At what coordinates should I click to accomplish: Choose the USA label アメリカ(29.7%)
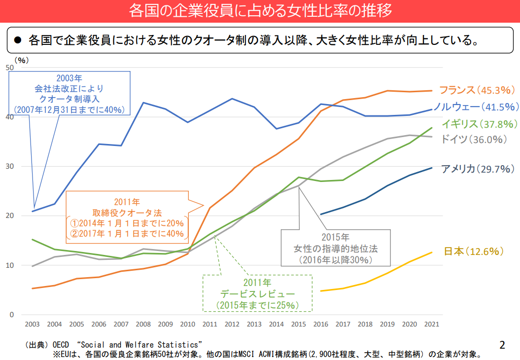click(478, 169)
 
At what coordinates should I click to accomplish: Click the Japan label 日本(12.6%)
click(474, 252)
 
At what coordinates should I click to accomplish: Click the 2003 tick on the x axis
click(33, 324)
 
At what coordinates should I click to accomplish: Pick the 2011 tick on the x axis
click(209, 324)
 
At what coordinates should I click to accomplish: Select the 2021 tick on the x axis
click(431, 324)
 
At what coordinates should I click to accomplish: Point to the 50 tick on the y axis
click(9, 68)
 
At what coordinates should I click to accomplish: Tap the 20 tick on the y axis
click(9, 216)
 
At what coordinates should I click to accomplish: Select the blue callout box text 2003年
click(69, 78)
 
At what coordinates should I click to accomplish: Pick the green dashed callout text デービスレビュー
click(257, 294)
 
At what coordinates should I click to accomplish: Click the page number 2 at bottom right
click(502, 345)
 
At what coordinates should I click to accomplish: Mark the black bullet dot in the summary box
click(18, 39)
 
